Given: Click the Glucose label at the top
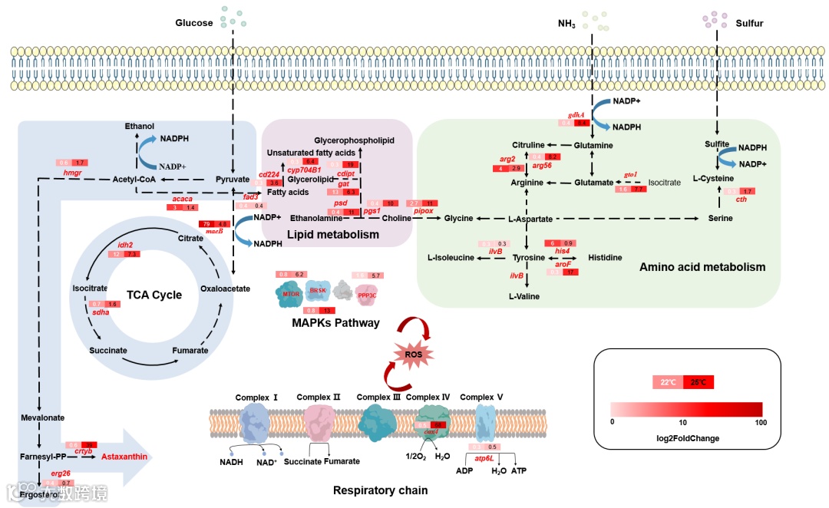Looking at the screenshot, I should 194,23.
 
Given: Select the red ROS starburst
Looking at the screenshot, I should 413,355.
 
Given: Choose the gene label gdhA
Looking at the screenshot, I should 576,114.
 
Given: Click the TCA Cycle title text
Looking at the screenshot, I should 154,295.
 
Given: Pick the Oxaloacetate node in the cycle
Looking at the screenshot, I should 225,289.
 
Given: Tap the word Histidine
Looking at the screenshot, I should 605,258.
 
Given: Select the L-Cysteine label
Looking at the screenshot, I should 713,179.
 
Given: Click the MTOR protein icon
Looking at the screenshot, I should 291,293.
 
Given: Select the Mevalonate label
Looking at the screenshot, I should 43,418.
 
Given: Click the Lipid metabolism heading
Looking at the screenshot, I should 332,235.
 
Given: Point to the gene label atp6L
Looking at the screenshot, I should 484,458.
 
